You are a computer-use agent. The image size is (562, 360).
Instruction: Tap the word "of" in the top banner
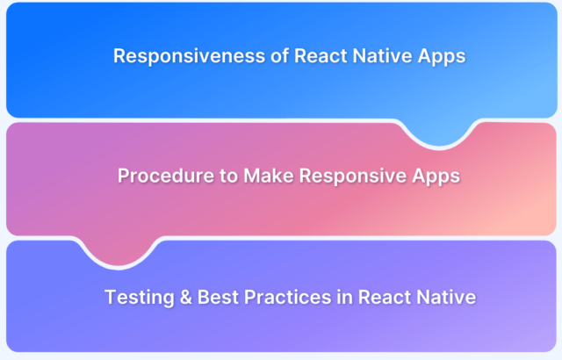[x=279, y=56]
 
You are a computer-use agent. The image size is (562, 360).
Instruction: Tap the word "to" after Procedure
[x=228, y=176]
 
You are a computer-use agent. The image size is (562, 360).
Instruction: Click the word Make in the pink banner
[x=269, y=176]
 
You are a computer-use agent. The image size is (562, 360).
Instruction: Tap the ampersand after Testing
[x=186, y=298]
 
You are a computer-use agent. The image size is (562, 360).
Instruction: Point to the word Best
[x=218, y=298]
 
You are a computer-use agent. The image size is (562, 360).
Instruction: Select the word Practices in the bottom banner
[x=288, y=298]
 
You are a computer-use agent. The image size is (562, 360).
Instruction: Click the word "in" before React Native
[x=345, y=298]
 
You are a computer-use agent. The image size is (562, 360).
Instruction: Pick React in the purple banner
[x=385, y=298]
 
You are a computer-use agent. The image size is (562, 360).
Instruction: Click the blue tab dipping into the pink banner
[x=439, y=133]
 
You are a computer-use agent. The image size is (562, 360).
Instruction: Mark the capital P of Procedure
[x=124, y=176]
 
